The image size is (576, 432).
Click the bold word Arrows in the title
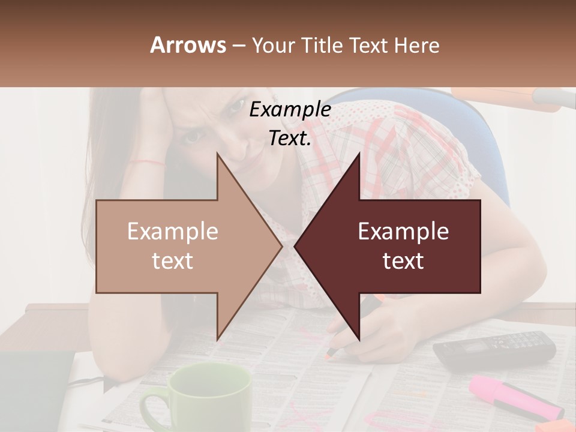[188, 45]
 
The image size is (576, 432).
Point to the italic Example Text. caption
[290, 124]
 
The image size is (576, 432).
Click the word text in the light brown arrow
[172, 262]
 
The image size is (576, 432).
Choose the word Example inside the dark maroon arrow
[403, 232]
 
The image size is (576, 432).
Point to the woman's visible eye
[193, 136]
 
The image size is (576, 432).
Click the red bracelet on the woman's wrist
[150, 161]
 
